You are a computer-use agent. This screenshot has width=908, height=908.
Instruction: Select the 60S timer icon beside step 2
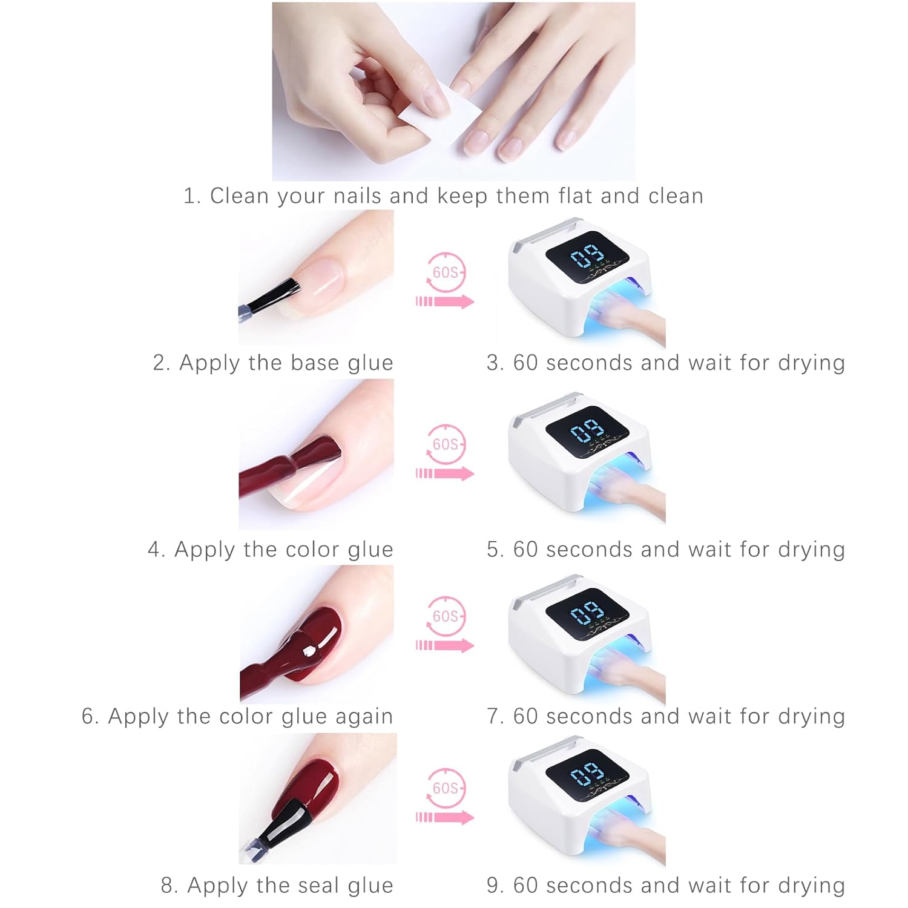click(x=446, y=272)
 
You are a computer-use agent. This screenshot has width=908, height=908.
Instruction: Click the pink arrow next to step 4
click(x=446, y=473)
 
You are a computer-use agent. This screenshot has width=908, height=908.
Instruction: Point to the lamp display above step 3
click(x=587, y=257)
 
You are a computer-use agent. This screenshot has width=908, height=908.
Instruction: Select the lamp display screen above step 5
click(x=587, y=430)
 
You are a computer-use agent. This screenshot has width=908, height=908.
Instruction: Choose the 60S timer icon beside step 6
click(x=446, y=616)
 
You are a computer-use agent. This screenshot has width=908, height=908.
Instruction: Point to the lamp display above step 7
click(x=587, y=614)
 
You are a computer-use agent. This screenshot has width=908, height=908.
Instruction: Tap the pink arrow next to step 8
click(x=446, y=817)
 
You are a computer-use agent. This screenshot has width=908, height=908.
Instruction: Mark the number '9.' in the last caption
click(x=495, y=886)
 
